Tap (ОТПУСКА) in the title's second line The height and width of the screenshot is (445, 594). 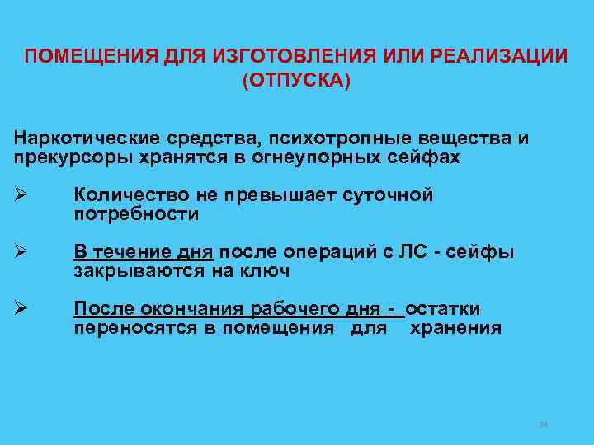pyautogui.click(x=296, y=82)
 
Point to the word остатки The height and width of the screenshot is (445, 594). pyautogui.click(x=442, y=309)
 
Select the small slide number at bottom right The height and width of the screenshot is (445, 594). pyautogui.click(x=543, y=424)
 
